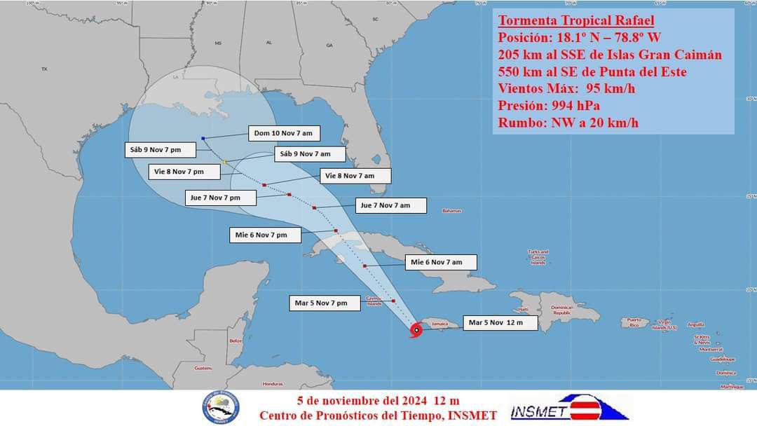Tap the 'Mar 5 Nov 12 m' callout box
[x=501, y=323]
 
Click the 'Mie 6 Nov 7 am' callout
[x=441, y=262]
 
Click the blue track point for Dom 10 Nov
[x=203, y=139]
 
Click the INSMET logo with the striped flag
[x=569, y=408]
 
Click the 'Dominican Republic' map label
[x=561, y=310]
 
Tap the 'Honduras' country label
[x=273, y=384]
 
